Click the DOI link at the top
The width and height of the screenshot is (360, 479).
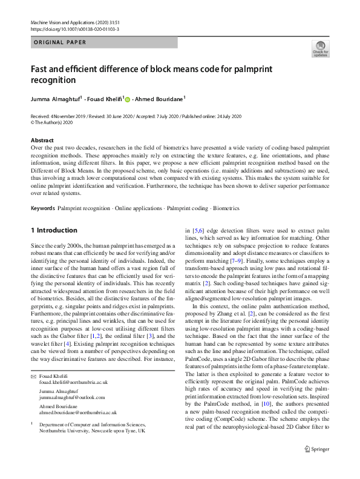click(x=74, y=28)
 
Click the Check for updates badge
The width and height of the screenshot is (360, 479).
click(x=320, y=48)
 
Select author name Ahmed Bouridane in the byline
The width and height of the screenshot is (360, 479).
click(x=159, y=98)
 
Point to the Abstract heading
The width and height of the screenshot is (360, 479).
click(x=42, y=140)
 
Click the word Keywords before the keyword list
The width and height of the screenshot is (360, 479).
click(x=43, y=208)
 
